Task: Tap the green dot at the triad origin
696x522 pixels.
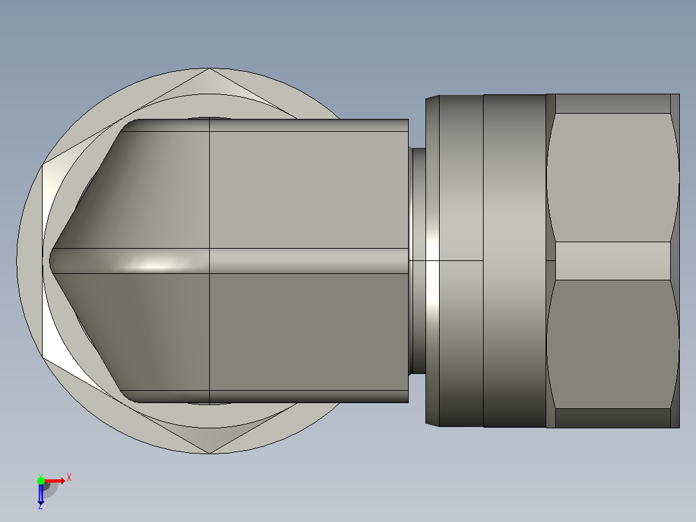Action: click(x=41, y=481)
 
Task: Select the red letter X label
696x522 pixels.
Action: click(x=69, y=478)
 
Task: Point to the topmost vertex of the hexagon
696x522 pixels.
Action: click(x=209, y=68)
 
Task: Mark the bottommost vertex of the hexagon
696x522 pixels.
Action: click(x=209, y=454)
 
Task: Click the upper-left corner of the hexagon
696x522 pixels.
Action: click(x=42, y=165)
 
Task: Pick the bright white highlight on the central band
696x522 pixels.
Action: click(x=153, y=265)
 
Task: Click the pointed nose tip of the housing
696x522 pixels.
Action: click(x=49, y=261)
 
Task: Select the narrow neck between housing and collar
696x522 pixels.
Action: click(x=417, y=262)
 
